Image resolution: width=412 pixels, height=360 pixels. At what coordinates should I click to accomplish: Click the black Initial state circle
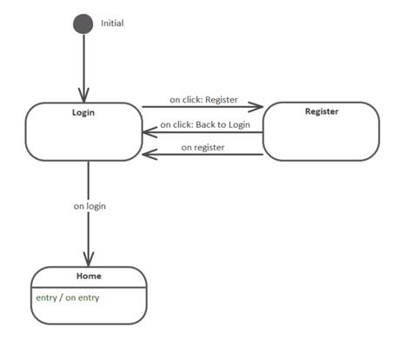[83, 23]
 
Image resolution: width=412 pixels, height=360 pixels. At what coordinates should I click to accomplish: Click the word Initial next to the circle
[112, 23]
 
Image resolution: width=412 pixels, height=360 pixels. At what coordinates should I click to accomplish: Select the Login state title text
[83, 112]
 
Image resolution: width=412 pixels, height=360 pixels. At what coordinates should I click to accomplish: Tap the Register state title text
[322, 111]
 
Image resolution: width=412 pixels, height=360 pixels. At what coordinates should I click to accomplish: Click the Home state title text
[89, 276]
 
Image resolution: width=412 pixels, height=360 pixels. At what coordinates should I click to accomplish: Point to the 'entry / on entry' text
[67, 297]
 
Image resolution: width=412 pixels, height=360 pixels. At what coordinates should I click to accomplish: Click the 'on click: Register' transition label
[203, 99]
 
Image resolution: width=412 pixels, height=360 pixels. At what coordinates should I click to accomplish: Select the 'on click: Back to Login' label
[205, 124]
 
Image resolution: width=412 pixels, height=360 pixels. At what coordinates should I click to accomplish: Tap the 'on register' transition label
[203, 147]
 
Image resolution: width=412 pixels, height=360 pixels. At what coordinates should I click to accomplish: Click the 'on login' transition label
[90, 206]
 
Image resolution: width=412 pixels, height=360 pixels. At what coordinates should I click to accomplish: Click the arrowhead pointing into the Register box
[256, 108]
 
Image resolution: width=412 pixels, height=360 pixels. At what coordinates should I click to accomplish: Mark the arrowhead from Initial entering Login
[84, 96]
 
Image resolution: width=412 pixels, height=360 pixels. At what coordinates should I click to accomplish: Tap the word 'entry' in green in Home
[45, 297]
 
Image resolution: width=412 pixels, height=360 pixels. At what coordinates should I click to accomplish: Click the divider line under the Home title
[89, 286]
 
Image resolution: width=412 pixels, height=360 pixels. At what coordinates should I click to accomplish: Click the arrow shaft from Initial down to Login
[84, 61]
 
